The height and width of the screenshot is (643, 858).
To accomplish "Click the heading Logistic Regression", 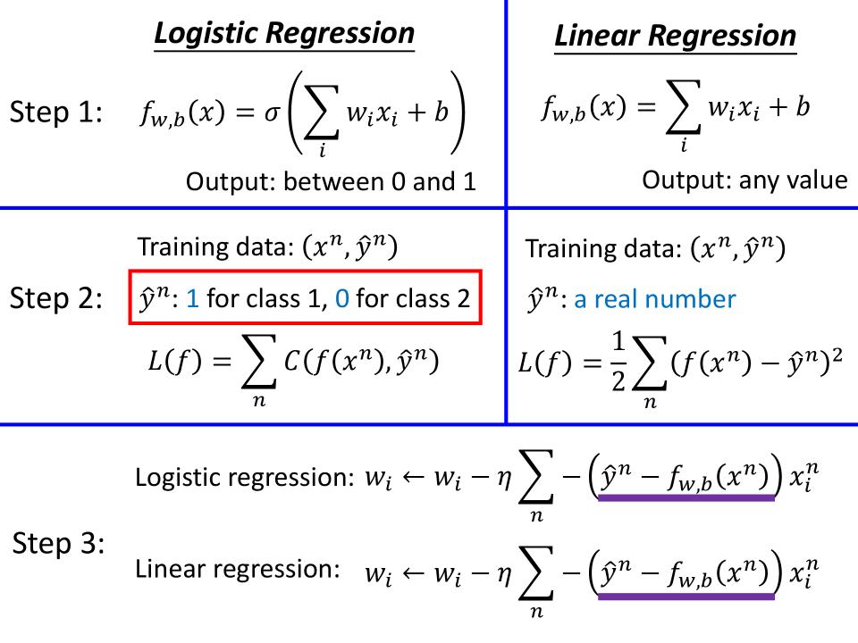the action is [284, 33].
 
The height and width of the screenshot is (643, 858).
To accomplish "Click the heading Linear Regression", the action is [676, 36].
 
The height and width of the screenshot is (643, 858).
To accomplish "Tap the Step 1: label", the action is [56, 113].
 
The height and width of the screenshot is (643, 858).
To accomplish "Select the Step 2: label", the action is [56, 298].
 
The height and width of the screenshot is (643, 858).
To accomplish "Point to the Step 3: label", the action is [59, 544].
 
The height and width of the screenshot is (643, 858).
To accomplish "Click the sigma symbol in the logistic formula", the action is [272, 113].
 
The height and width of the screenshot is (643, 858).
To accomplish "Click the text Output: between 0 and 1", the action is [331, 181].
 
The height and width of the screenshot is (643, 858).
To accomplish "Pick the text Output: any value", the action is [744, 180].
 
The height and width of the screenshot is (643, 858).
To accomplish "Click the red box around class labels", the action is [306, 296].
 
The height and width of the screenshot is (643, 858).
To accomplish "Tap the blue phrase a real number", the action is [654, 299].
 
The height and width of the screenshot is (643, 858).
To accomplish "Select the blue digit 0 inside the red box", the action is [342, 298].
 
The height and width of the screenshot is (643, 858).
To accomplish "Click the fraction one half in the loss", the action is [618, 362].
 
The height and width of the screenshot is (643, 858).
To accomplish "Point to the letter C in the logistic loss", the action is [291, 361].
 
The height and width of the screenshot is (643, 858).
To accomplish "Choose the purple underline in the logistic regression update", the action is [686, 497].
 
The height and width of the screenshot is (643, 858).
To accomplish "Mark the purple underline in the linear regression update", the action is [686, 597].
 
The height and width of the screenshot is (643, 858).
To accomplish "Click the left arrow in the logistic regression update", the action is [413, 477].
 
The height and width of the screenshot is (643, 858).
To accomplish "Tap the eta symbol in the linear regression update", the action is [503, 574].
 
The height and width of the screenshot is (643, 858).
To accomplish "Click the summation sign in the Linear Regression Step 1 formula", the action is [683, 107].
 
